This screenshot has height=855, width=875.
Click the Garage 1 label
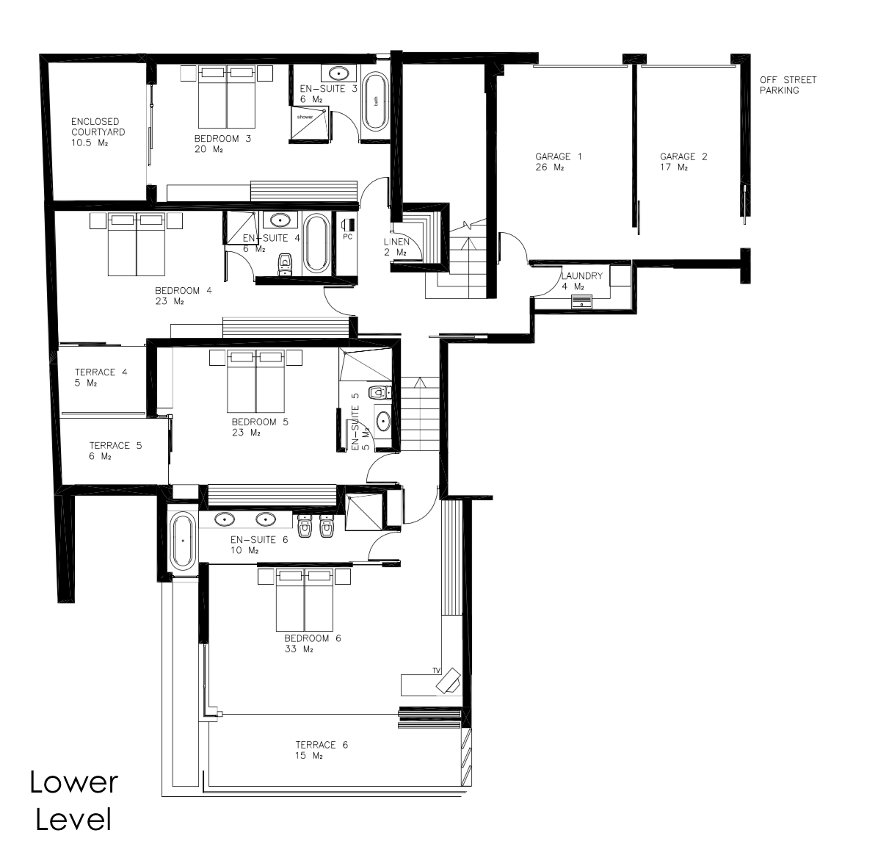pyautogui.click(x=558, y=162)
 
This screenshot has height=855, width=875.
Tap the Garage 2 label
pyautogui.click(x=683, y=162)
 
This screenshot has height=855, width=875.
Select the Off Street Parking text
pyautogui.click(x=788, y=85)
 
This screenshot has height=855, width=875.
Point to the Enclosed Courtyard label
pyautogui.click(x=98, y=131)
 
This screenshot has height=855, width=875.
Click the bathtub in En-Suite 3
pyautogui.click(x=376, y=102)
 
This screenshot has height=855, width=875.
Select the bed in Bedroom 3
pyautogui.click(x=227, y=97)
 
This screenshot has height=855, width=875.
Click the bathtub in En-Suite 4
pyautogui.click(x=316, y=243)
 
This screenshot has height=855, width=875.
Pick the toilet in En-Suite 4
pyautogui.click(x=285, y=264)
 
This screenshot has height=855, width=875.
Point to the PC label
pyautogui.click(x=348, y=237)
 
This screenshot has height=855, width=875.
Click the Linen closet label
pyautogui.click(x=397, y=247)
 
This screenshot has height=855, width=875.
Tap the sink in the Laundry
pyautogui.click(x=581, y=302)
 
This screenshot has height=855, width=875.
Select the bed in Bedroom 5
pyautogui.click(x=255, y=381)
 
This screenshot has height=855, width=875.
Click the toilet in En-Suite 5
pyautogui.click(x=380, y=392)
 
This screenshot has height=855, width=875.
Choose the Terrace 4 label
pyautogui.click(x=101, y=378)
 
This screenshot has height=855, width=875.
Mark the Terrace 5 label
pyautogui.click(x=115, y=451)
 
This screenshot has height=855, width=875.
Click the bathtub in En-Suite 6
pyautogui.click(x=182, y=541)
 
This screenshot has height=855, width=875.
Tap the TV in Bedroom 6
pyautogui.click(x=448, y=680)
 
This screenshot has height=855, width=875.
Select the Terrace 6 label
pyautogui.click(x=322, y=750)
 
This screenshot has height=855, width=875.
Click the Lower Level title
pyautogui.click(x=73, y=801)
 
